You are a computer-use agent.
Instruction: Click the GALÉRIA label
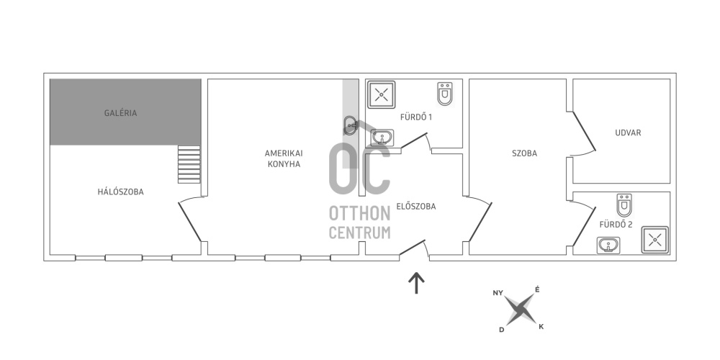tap(120, 113)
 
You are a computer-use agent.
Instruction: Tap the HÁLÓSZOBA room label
tap(120, 192)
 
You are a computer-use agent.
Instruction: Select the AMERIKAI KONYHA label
tap(284, 158)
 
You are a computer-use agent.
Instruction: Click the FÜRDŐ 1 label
tap(416, 117)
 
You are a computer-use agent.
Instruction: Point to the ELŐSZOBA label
tap(415, 207)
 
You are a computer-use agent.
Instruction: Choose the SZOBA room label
tap(524, 153)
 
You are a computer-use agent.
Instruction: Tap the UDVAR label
tap(628, 132)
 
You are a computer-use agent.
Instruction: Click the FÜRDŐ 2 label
tap(616, 225)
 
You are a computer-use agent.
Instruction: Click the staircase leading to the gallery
tap(189, 164)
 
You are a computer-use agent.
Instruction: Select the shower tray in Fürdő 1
tap(381, 94)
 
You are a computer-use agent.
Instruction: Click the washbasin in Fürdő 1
tap(382, 138)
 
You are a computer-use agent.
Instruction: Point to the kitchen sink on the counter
tap(351, 125)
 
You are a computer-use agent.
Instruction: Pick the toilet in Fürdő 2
tap(624, 205)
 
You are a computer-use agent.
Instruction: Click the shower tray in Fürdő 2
tap(654, 240)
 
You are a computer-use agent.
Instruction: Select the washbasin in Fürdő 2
tap(608, 246)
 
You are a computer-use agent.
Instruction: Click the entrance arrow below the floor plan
tap(416, 283)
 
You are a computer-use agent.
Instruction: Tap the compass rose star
tap(520, 310)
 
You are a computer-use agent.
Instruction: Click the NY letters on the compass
tap(498, 293)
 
